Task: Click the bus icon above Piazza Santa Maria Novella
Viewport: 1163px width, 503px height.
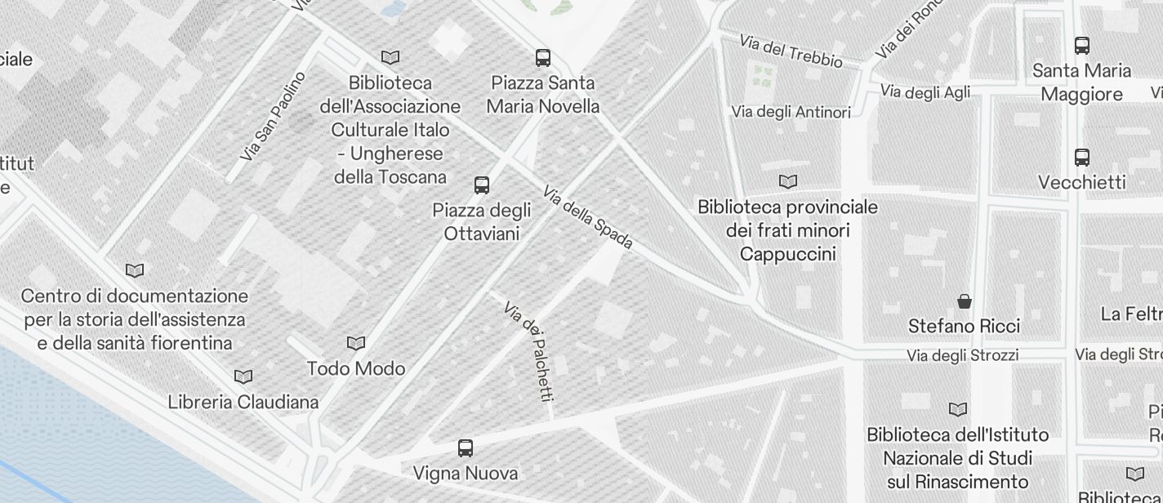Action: tap(543, 58)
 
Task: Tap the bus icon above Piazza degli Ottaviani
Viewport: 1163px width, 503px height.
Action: tap(482, 185)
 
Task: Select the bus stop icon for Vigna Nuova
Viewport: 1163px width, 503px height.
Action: tap(466, 448)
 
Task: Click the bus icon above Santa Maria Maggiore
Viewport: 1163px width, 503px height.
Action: tap(1082, 46)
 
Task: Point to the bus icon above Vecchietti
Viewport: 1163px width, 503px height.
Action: tap(1082, 158)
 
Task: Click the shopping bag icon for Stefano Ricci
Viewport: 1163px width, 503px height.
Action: tap(965, 301)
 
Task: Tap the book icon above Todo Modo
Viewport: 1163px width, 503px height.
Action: tap(356, 344)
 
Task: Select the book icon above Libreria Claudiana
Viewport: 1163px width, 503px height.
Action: tap(243, 377)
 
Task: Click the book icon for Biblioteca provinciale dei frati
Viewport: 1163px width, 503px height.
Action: tap(788, 182)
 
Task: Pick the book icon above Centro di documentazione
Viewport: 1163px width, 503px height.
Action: tap(135, 270)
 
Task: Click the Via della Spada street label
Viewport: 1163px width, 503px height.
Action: tap(588, 217)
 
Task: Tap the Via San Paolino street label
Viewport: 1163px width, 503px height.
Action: tap(274, 116)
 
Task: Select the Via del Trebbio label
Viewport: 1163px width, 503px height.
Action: tap(791, 51)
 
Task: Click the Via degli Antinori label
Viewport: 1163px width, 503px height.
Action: tap(791, 112)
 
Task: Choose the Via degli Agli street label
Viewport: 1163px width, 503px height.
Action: tap(925, 92)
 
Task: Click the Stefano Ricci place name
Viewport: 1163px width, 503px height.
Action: tap(965, 327)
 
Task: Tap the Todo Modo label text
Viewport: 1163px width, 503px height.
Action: tap(356, 369)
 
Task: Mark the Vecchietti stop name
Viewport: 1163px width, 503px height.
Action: tap(1082, 182)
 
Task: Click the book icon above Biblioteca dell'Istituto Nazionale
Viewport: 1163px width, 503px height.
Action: tap(958, 409)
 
